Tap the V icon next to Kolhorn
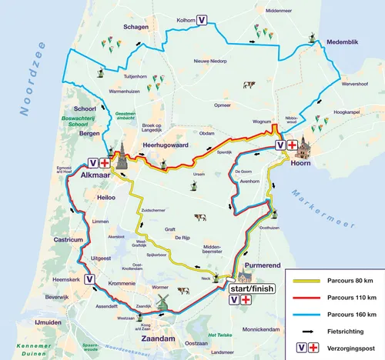pos(201,20)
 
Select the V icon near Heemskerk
pos(90,280)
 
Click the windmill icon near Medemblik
pos(312,37)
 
